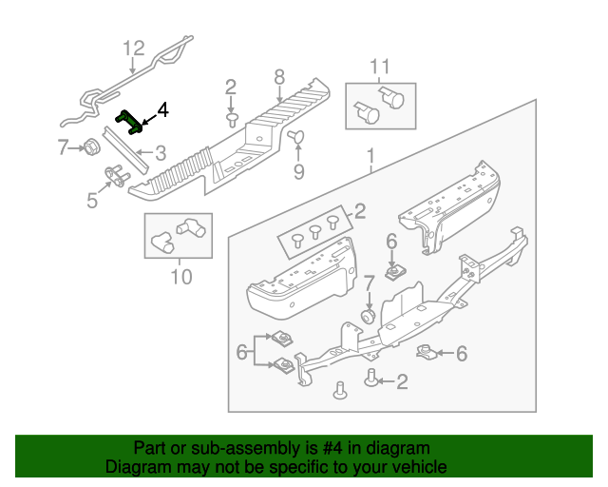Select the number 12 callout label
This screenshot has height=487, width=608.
click(134, 49)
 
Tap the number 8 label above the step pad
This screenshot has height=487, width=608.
click(279, 77)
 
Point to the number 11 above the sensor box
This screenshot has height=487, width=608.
click(380, 66)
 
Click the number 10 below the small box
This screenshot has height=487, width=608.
click(180, 277)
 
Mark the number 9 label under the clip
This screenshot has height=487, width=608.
click(298, 172)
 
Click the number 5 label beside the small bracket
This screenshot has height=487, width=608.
click(92, 200)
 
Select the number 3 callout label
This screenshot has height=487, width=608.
click(161, 151)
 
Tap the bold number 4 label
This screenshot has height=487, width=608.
click(162, 110)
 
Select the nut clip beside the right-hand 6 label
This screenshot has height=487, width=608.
click(429, 353)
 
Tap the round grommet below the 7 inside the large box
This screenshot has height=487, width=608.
click(366, 315)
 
